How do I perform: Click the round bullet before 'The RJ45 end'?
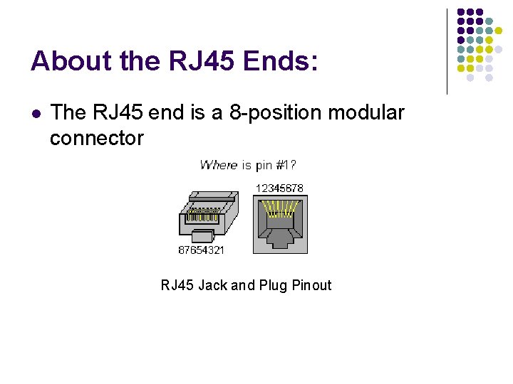pos(36,113)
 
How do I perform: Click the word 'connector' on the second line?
pos(97,138)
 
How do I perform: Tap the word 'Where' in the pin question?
pos(219,165)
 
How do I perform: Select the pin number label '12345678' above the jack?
pos(279,188)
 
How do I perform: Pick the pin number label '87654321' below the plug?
pos(202,250)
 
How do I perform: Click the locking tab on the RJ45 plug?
pos(204,236)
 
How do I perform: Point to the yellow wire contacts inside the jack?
pos(280,208)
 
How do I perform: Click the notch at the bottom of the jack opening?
pos(280,242)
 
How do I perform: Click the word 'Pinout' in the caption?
pos(312,285)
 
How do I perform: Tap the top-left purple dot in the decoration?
pos(461,13)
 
